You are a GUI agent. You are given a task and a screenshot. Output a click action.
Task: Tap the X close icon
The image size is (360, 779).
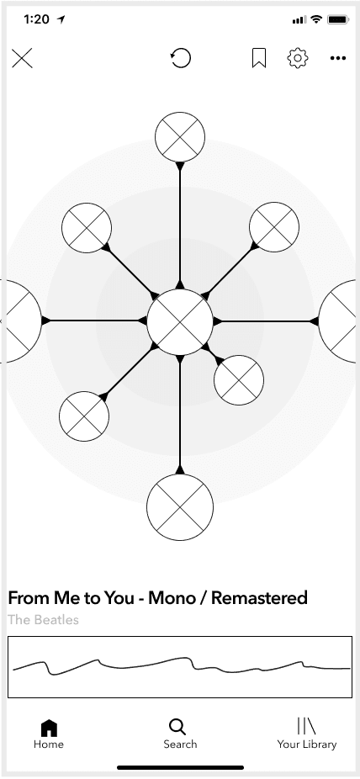coord(22,58)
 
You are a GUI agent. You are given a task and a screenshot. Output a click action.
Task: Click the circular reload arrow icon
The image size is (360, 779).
coord(180,58)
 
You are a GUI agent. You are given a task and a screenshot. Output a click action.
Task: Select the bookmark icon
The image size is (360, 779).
coord(259,58)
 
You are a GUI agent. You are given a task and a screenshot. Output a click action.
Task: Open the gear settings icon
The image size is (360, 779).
coord(298,58)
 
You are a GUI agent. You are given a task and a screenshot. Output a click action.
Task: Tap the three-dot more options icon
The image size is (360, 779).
coord(338,58)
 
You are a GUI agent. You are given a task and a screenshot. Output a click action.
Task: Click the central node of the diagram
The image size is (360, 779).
coord(180,322)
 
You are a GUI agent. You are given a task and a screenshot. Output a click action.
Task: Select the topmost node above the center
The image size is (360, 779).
coord(180,137)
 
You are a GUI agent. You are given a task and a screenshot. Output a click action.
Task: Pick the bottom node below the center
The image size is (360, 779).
coord(180,507)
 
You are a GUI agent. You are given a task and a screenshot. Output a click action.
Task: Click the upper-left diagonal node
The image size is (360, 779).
coord(87,227)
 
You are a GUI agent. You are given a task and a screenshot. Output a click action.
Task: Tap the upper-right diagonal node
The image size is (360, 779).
coord(274,227)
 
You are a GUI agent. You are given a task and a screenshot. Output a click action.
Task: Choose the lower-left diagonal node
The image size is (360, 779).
coord(84,416)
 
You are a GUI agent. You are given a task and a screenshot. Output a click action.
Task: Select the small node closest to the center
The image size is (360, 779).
coord(239,380)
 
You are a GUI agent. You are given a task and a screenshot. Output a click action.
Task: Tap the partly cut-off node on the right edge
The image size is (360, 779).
coord(337,321)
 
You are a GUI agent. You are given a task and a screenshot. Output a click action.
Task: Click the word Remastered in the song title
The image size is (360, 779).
coord(259,597)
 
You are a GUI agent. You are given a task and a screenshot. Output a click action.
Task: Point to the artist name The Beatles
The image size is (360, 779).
coord(43,620)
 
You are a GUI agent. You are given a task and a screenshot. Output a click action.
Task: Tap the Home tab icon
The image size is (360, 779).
coord(49,728)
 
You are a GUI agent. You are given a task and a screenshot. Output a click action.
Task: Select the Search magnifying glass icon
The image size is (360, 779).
coord(177,727)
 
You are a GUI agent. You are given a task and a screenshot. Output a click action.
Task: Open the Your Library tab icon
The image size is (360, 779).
coord(306,726)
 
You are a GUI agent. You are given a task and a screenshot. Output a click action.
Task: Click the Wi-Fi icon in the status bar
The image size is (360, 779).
coord(315,19)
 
